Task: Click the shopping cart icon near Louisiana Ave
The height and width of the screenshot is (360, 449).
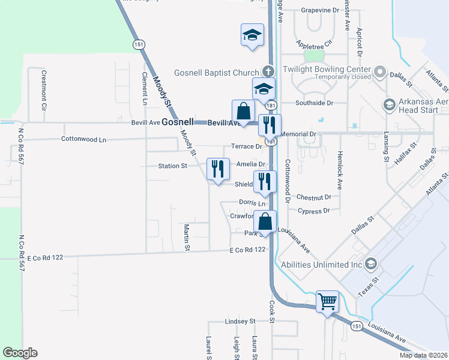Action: click(327, 301)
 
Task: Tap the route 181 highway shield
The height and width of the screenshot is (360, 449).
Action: click(272, 106)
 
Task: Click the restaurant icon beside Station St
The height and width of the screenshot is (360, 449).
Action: click(217, 168)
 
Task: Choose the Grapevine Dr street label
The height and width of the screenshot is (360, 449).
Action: click(320, 10)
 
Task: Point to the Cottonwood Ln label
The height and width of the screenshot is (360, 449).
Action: click(83, 139)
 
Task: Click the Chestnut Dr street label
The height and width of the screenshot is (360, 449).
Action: click(313, 197)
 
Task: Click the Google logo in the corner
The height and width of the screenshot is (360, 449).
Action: click(20, 353)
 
